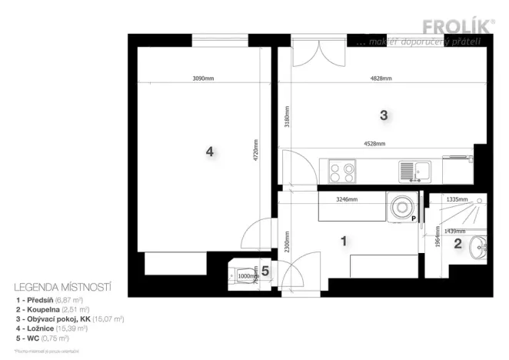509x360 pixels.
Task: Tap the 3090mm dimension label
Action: [x=203, y=78]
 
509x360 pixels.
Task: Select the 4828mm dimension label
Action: [x=381, y=78]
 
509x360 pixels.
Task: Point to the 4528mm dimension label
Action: [x=374, y=144]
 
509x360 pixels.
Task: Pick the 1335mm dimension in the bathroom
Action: [x=457, y=199]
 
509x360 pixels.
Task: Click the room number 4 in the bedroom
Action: [x=209, y=152]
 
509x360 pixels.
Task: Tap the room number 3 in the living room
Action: [x=383, y=115]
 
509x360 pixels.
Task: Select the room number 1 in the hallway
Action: [x=344, y=241]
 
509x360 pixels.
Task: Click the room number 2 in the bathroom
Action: [x=457, y=245]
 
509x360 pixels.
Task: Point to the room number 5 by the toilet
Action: [x=265, y=271]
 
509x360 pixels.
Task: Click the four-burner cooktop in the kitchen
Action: [x=342, y=169]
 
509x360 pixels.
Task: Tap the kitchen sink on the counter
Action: [x=414, y=170]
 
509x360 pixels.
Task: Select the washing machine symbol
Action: [x=402, y=208]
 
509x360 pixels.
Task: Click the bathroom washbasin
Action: [x=481, y=248]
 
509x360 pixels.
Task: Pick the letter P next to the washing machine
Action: [x=413, y=219]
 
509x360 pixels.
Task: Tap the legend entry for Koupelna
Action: [x=50, y=308]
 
